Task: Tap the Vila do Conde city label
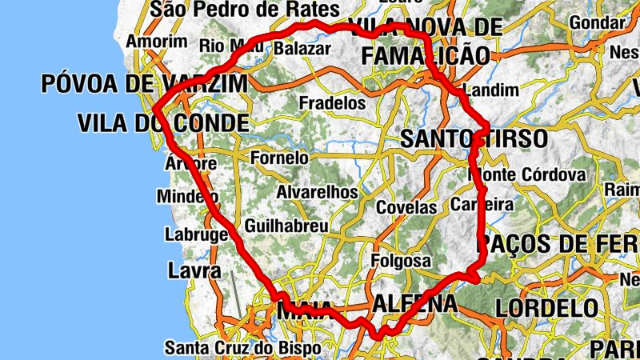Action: [x=163, y=122]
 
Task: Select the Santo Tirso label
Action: [x=474, y=138]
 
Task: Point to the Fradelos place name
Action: [x=332, y=103]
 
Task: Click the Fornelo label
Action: [x=279, y=158]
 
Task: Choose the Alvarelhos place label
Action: [x=317, y=193]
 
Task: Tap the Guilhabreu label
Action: [x=286, y=226]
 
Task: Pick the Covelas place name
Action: [x=407, y=207]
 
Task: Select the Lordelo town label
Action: [x=546, y=307]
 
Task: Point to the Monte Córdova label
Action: [x=527, y=174]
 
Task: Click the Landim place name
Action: [x=491, y=90]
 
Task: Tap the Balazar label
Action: [x=302, y=49]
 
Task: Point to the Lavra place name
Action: [x=194, y=270]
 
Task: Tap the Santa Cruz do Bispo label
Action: [x=242, y=348]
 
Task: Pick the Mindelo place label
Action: [x=187, y=197]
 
